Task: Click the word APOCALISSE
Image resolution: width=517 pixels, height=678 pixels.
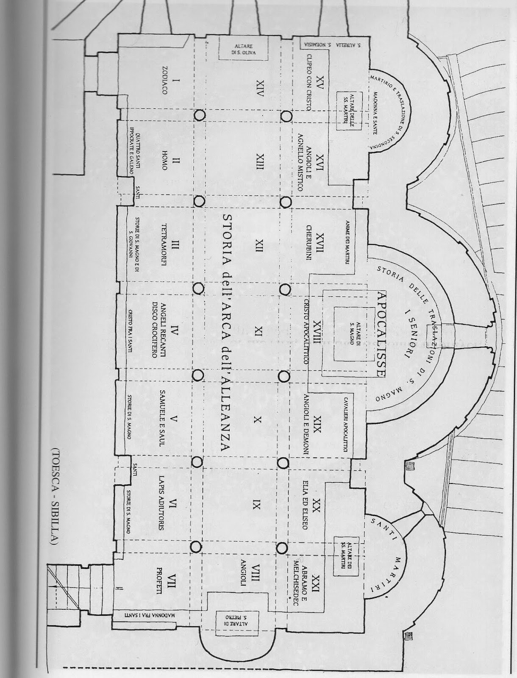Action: point(380,334)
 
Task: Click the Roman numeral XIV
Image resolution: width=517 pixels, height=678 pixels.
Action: point(260,89)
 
